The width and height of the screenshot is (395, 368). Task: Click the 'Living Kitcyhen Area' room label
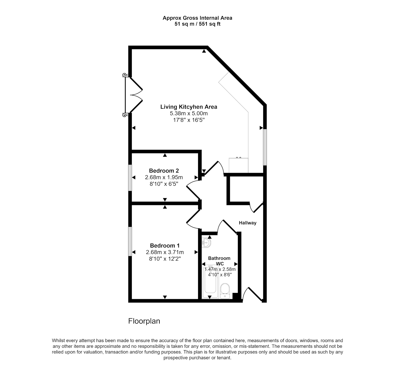coord(188,107)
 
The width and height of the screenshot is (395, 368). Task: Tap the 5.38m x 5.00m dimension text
coord(188,113)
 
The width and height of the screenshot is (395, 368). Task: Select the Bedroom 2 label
coord(164,170)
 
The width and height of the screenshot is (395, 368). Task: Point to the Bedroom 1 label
coord(165,246)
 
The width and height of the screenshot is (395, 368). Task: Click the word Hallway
coord(247,223)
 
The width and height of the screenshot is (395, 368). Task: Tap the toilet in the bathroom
coord(225,291)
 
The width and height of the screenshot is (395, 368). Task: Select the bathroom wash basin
coord(206,243)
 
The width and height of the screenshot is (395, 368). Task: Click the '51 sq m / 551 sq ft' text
coord(197,24)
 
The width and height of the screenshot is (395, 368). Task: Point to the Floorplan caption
coord(144,321)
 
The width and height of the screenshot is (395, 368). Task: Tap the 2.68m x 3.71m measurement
coord(165,252)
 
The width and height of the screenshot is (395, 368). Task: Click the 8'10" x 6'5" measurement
coord(164,184)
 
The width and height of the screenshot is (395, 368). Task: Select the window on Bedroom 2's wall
coord(130,178)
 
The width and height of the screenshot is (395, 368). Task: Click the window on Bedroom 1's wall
coord(130,241)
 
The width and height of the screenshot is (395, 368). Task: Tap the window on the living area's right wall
coord(265,147)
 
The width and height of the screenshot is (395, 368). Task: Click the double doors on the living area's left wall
coord(133,95)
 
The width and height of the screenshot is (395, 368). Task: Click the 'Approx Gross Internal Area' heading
coord(197,18)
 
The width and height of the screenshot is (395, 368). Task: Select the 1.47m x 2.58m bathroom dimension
coord(220,269)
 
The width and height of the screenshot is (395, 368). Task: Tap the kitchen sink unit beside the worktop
coord(238,165)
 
